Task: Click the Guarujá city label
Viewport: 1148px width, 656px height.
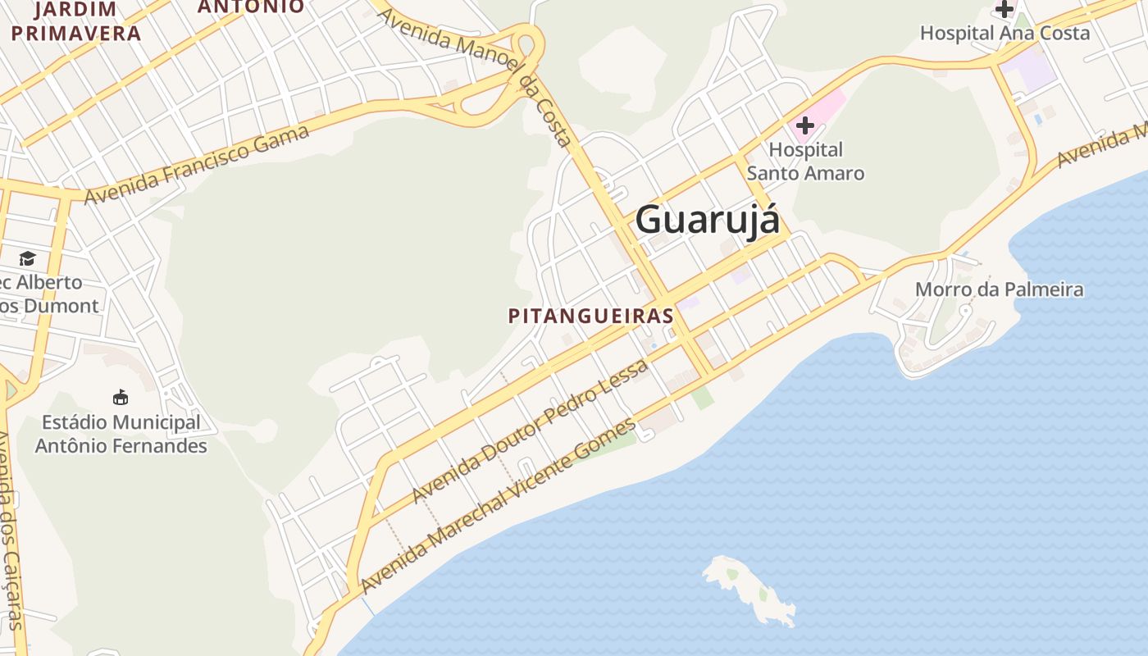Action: (707, 220)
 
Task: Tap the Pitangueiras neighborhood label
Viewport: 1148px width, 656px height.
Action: (591, 316)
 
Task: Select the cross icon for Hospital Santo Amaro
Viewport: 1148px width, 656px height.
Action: (804, 125)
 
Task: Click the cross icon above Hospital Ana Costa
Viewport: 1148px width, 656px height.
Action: (1004, 9)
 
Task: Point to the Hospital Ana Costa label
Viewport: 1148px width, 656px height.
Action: (1004, 34)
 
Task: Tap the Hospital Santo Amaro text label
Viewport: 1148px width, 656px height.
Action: (805, 162)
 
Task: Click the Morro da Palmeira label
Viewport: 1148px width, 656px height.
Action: (999, 289)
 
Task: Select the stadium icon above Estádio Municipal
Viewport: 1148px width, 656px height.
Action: (121, 397)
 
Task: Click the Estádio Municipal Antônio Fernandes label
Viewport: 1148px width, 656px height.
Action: (121, 435)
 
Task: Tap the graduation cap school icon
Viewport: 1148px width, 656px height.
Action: (28, 259)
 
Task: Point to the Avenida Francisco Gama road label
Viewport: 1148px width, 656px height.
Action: (197, 166)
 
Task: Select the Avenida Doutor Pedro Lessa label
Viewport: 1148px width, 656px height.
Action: (530, 431)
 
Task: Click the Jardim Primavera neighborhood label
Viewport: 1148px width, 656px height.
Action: (76, 22)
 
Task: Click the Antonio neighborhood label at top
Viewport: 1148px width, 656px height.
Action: (251, 7)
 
